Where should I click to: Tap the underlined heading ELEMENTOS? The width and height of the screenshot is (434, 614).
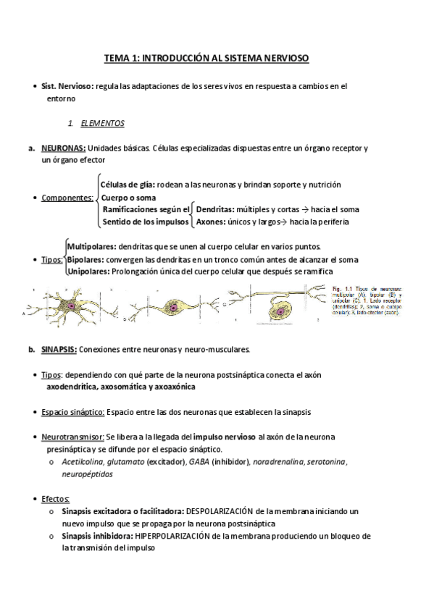click(x=103, y=123)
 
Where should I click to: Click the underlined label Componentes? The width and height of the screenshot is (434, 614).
click(x=67, y=198)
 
